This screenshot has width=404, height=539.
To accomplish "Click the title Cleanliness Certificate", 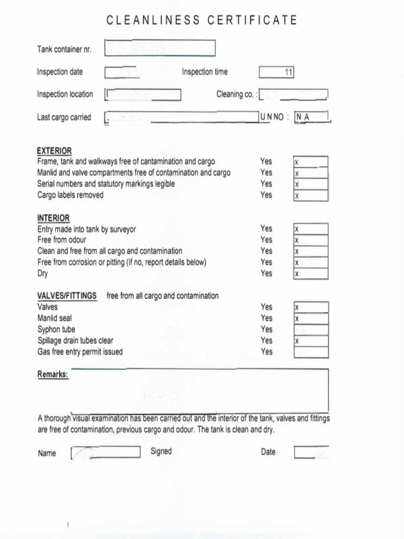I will pos(202,21).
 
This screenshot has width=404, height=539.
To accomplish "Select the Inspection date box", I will pos(122,72).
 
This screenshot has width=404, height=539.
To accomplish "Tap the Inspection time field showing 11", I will pos(276,73).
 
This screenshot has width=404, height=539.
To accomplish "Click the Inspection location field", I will pos(143,95).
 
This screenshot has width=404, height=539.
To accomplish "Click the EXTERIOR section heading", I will pos(54,151).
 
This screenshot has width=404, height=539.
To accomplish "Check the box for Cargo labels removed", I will pos(310,195).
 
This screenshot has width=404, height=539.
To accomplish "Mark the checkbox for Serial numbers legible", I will pos(310,184).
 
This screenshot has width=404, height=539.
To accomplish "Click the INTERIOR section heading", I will pos(53,218).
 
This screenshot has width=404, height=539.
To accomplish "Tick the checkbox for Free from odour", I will pos(310,240).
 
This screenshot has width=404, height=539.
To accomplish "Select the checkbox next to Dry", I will pos(310,274).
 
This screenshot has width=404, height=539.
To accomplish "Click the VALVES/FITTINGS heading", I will pos(67,296).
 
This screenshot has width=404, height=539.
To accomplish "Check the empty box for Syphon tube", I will pos(311,330).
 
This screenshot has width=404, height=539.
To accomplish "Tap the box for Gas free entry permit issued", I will pos(311,352).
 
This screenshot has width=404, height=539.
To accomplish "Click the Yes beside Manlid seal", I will pos(266,318).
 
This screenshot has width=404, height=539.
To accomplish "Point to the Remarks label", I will pos(53,374).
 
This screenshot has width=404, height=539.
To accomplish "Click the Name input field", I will pos(106,453).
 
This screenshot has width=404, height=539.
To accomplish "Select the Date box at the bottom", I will pos(311,452).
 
